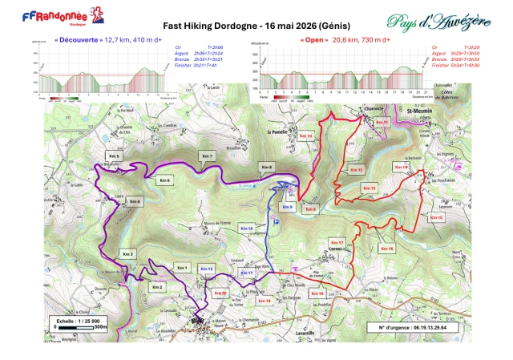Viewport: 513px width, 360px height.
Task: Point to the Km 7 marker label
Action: click(x=207, y=156)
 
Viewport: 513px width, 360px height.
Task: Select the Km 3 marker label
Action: click(x=127, y=254)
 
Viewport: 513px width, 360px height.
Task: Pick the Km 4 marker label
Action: click(x=134, y=200)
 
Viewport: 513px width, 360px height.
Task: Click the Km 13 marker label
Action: click(x=369, y=188)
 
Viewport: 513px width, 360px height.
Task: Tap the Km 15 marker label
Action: click(x=436, y=217)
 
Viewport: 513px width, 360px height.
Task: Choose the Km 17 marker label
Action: click(x=337, y=242)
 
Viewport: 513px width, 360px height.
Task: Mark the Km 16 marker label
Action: click(x=387, y=249)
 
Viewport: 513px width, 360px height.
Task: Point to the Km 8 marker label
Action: click(x=267, y=166)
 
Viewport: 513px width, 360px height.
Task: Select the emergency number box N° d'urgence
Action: click(x=412, y=327)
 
